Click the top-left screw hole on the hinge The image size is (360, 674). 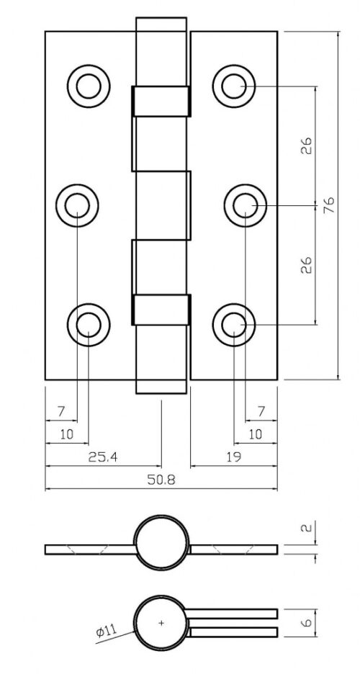tap(89, 86)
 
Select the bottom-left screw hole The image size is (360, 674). tap(89, 325)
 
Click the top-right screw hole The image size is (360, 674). tap(234, 86)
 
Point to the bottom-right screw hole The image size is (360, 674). tap(234, 325)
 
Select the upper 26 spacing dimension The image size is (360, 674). tap(307, 146)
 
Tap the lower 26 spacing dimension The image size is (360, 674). tap(307, 264)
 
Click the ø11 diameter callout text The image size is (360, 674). tap(105, 632)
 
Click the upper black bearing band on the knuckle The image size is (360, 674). tap(161, 102)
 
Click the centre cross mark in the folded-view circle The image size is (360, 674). tap(161, 621)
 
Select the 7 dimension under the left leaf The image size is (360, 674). tap(61, 411)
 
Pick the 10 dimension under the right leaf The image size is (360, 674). tap(254, 434)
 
